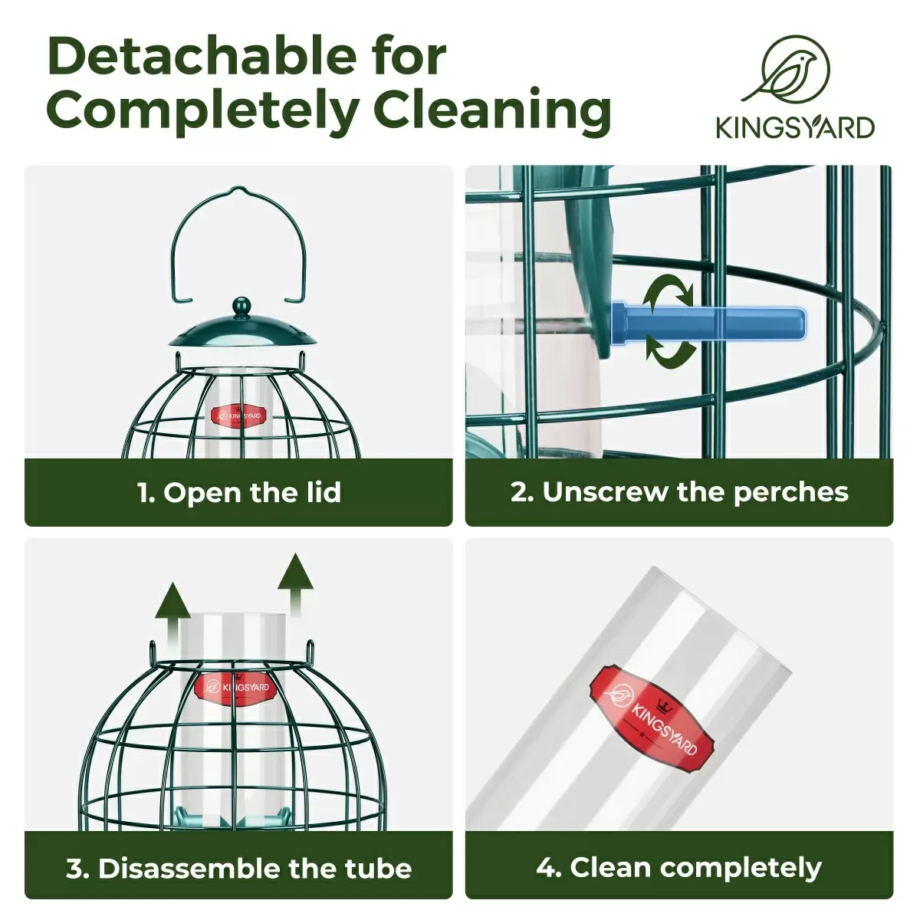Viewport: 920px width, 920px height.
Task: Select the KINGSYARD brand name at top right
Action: tap(795, 127)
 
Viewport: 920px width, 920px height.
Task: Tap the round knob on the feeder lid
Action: tap(241, 306)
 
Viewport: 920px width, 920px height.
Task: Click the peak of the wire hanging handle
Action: tap(235, 189)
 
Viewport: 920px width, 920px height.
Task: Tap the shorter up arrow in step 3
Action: tap(172, 608)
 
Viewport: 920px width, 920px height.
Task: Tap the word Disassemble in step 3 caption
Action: tap(189, 867)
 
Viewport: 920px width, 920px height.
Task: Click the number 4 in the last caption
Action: tap(545, 867)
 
